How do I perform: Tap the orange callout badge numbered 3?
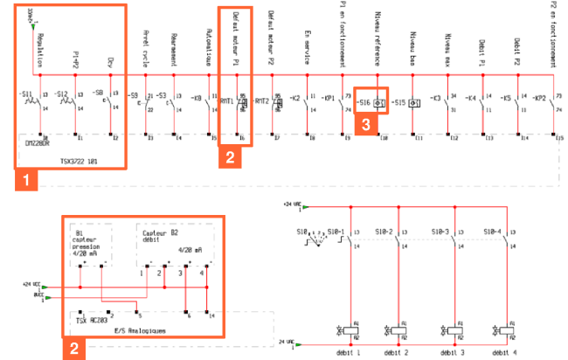click(x=368, y=124)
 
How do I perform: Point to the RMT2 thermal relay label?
click(x=261, y=101)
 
